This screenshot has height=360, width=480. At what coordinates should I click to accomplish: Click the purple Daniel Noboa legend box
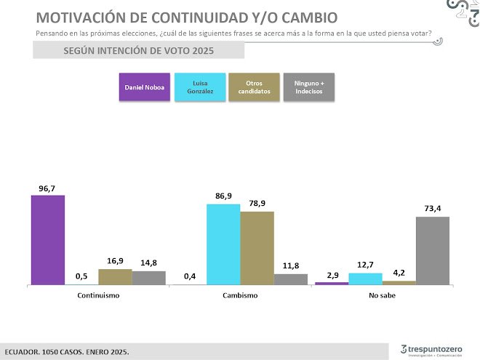click(x=144, y=87)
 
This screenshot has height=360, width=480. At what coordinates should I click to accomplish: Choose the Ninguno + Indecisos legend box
click(x=308, y=87)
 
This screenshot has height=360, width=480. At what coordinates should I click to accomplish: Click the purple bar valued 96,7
click(x=47, y=240)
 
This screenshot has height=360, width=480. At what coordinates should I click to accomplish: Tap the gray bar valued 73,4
click(x=432, y=250)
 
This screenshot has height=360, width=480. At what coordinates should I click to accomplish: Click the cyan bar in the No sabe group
click(x=365, y=279)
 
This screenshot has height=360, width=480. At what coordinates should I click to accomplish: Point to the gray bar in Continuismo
click(x=148, y=277)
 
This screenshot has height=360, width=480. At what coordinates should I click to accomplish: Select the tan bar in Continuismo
click(x=115, y=276)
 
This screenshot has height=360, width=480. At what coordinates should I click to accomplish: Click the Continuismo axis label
click(x=98, y=296)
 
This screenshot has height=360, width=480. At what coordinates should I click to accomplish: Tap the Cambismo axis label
click(x=240, y=296)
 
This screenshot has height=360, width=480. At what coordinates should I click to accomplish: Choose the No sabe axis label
click(x=382, y=296)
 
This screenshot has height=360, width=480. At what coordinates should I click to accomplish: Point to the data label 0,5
click(x=81, y=276)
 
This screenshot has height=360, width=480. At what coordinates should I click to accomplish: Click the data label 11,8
click(x=291, y=266)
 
